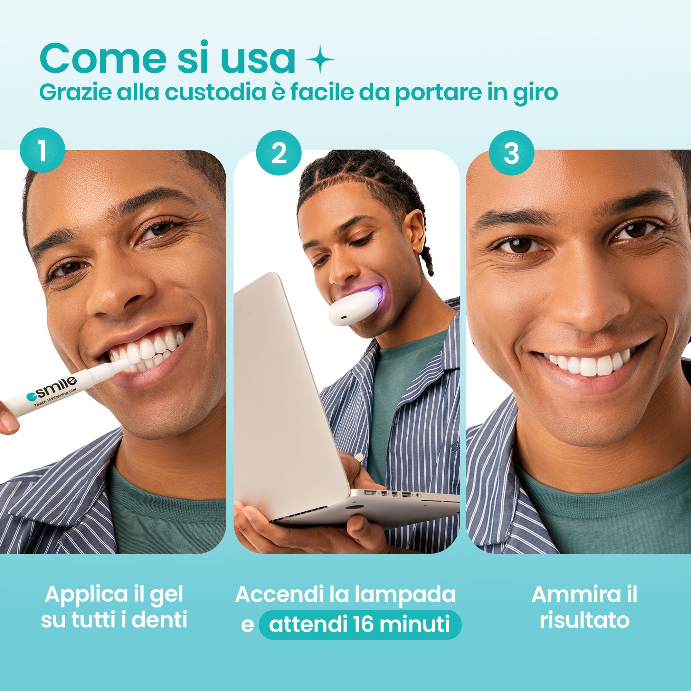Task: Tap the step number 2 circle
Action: (x=278, y=153)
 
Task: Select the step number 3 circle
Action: (x=511, y=153)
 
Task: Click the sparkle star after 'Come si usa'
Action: (x=320, y=59)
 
